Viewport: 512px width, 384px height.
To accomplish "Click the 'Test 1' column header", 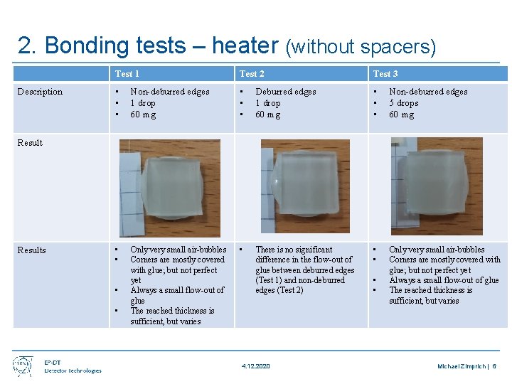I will (x=127, y=73).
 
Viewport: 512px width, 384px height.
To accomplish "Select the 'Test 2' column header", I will (x=252, y=73).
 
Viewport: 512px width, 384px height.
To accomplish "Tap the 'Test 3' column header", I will (x=385, y=73).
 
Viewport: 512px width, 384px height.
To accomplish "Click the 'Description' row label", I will (x=40, y=92).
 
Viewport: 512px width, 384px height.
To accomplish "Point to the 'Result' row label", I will (x=30, y=143).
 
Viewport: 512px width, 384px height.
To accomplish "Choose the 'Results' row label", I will (x=31, y=250).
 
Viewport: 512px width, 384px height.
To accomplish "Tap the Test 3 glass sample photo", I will (x=436, y=186).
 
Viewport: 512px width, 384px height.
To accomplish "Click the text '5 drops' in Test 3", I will (x=402, y=103).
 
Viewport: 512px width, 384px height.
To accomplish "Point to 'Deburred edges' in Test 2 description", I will (x=285, y=92).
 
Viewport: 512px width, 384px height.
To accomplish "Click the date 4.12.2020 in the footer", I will (x=255, y=366).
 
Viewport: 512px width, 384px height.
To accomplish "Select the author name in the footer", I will (x=463, y=366).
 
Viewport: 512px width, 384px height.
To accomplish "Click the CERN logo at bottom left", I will (x=23, y=366).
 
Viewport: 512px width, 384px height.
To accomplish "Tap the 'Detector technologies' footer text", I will (x=73, y=370).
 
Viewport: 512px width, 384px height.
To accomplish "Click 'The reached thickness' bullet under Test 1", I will (x=171, y=311).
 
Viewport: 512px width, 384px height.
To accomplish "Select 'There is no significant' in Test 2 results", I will (x=294, y=250).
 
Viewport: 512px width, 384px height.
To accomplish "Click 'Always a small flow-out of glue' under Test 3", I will (x=444, y=280).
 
